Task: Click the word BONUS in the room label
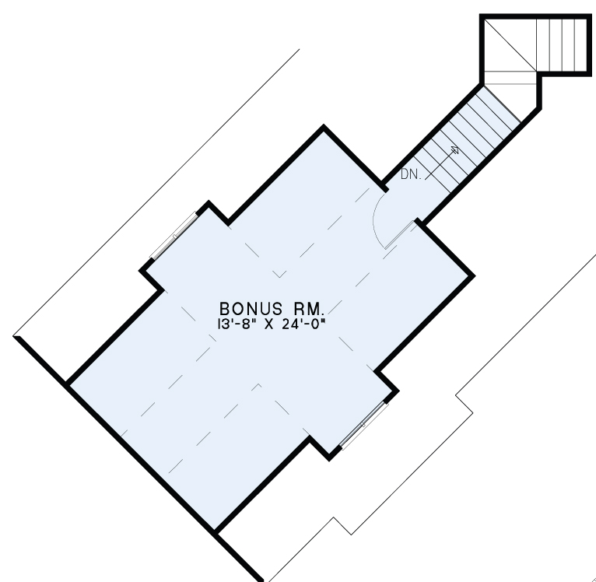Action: coord(251,309)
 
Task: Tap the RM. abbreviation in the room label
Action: coord(308,309)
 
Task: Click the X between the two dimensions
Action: coord(268,324)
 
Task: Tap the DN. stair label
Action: coord(411,174)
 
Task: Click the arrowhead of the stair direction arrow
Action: coord(455,149)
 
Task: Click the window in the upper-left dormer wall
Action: coord(174,236)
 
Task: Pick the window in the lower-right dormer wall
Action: coord(364,425)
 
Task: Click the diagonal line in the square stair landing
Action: coord(510,45)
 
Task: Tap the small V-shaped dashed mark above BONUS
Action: coord(280,274)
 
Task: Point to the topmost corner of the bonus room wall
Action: coord(324,127)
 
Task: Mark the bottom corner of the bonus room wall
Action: coord(215,531)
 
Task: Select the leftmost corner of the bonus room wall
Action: coord(67,383)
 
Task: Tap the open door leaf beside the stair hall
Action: coord(399,235)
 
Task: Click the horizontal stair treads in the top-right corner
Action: coord(562,45)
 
